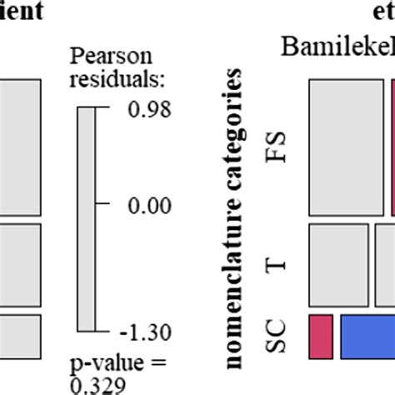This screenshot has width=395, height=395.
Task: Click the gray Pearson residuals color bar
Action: (87, 221)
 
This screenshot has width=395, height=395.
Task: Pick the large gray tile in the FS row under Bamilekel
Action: (345, 147)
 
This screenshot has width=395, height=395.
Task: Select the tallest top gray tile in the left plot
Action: (20, 147)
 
